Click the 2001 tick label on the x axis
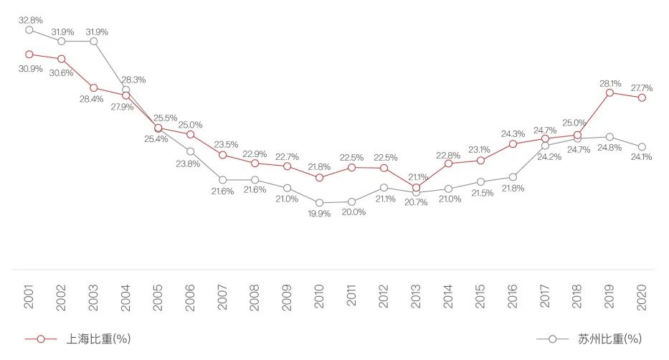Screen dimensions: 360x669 [29, 296]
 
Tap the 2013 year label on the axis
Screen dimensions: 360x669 [416, 296]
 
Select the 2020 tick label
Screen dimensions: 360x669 [642, 296]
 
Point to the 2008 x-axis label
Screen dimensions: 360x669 [255, 296]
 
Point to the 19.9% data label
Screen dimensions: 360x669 [318, 214]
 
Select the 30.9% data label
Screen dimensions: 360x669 [29, 69]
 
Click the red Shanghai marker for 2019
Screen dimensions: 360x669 [609, 93]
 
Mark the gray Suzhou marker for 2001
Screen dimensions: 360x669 [29, 29]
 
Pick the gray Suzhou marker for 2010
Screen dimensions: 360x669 [319, 203]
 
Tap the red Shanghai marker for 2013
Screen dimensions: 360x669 [416, 188]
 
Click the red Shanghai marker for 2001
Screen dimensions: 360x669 [29, 54]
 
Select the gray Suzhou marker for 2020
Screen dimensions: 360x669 [642, 147]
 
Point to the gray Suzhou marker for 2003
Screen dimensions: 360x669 [94, 41]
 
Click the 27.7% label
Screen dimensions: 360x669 [642, 87]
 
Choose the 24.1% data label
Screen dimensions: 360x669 [641, 157]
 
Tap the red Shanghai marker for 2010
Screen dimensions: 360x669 [319, 177]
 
